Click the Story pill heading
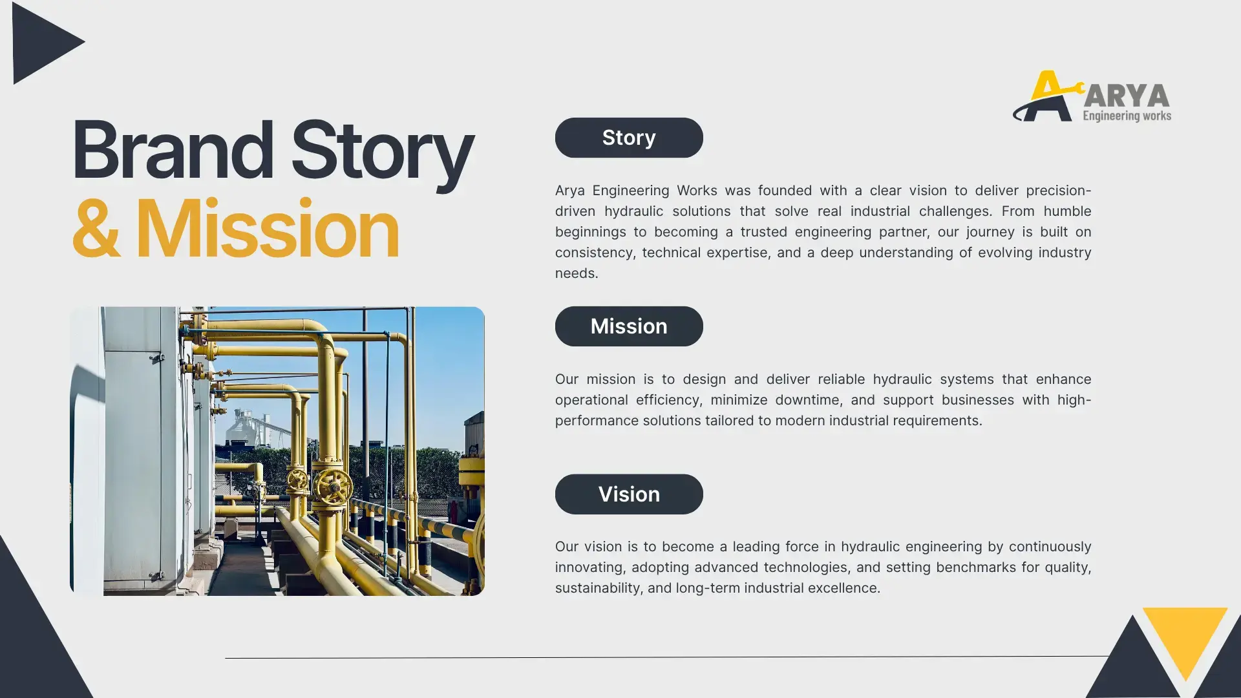coord(629,138)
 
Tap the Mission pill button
coord(629,326)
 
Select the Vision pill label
coord(629,494)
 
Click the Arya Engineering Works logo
coord(1092,96)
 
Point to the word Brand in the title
coord(173,150)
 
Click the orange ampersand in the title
coord(96,228)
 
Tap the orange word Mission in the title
coord(267,228)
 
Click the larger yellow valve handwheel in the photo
coord(333,486)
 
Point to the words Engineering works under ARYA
coord(1127,116)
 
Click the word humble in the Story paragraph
coord(1067,211)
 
